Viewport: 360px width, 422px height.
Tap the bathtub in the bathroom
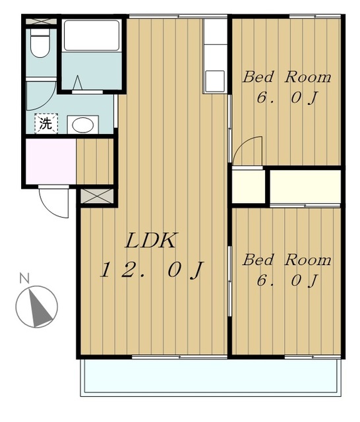[x=92, y=35]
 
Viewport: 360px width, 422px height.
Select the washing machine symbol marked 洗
[x=46, y=123]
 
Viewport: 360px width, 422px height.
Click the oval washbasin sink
[x=83, y=125]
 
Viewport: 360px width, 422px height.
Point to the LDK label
[x=151, y=240]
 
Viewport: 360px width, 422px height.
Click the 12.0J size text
[x=151, y=270]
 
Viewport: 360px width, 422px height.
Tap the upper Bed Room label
[x=287, y=77]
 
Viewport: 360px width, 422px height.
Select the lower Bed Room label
[x=287, y=260]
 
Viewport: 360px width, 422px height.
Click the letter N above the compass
[x=24, y=278]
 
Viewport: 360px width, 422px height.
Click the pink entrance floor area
[x=51, y=161]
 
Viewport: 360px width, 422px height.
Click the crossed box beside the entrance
[x=96, y=196]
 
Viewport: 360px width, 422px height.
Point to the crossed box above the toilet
[x=41, y=21]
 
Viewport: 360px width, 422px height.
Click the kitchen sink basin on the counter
[x=215, y=80]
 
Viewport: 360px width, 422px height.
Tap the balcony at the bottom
[x=211, y=377]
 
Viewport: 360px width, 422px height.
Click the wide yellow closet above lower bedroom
[x=305, y=187]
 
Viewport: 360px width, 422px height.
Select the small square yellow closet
[x=249, y=187]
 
